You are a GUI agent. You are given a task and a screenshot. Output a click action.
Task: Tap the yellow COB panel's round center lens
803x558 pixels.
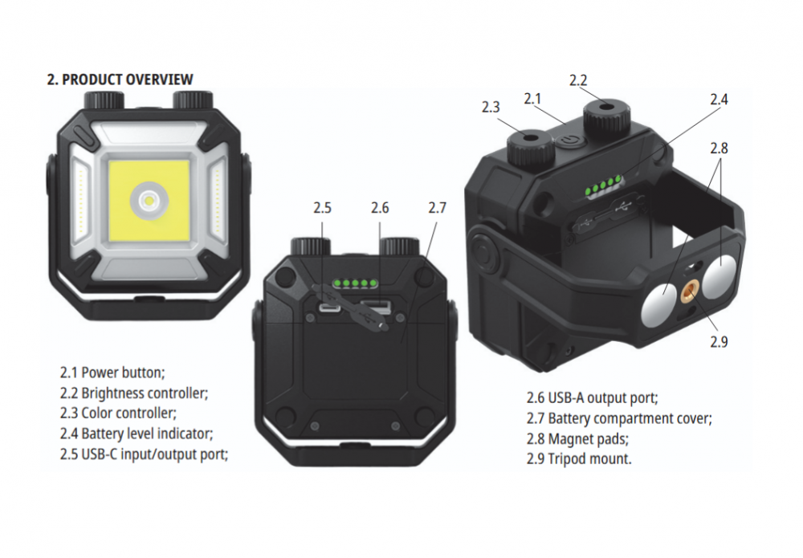pos(149,200)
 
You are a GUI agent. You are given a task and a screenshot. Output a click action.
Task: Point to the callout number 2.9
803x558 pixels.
pos(719,341)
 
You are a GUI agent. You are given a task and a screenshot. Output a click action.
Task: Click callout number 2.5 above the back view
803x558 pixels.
pos(323,208)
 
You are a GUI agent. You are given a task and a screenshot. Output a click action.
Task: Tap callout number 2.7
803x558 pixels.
pos(438,208)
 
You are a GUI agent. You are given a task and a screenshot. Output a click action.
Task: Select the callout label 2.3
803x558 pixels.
pos(491,107)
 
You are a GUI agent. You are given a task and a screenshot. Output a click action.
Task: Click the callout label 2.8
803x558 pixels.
pos(719,148)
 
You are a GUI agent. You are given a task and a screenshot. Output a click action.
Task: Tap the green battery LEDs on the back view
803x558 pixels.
pos(353,283)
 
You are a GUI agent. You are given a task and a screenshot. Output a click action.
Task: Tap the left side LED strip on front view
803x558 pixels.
pos(81,200)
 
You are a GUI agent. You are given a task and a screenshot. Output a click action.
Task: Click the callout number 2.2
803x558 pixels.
pos(578,80)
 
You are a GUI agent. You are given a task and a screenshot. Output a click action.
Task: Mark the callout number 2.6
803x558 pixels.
pos(380,208)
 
